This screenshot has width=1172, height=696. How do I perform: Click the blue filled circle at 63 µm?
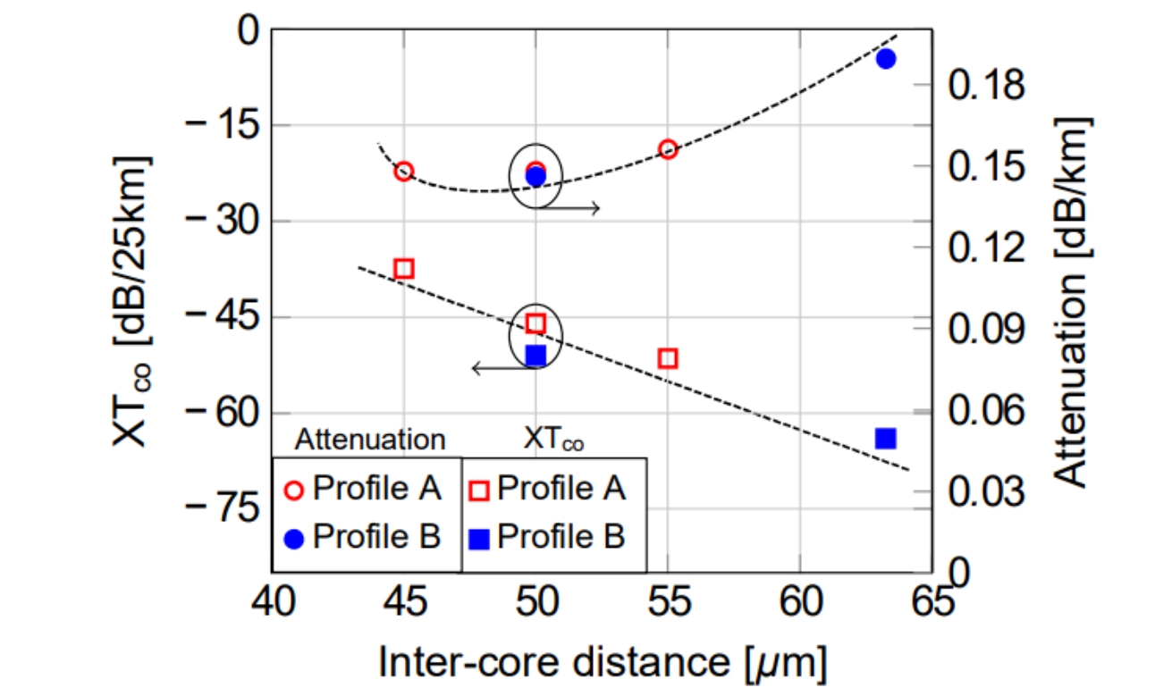click(x=886, y=59)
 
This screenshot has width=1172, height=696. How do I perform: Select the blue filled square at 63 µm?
click(x=886, y=438)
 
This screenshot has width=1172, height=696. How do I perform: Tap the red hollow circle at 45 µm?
click(x=403, y=172)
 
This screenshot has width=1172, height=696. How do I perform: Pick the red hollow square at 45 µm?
click(x=403, y=268)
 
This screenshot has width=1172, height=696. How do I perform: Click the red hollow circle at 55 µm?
click(x=668, y=149)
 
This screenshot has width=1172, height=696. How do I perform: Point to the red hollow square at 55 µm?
click(x=668, y=358)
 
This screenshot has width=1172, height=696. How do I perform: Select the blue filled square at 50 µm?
click(x=535, y=356)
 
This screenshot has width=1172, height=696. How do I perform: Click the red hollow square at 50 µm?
click(x=535, y=323)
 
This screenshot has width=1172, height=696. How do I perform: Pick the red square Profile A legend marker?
click(x=479, y=490)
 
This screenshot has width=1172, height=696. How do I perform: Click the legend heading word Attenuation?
click(x=370, y=440)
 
